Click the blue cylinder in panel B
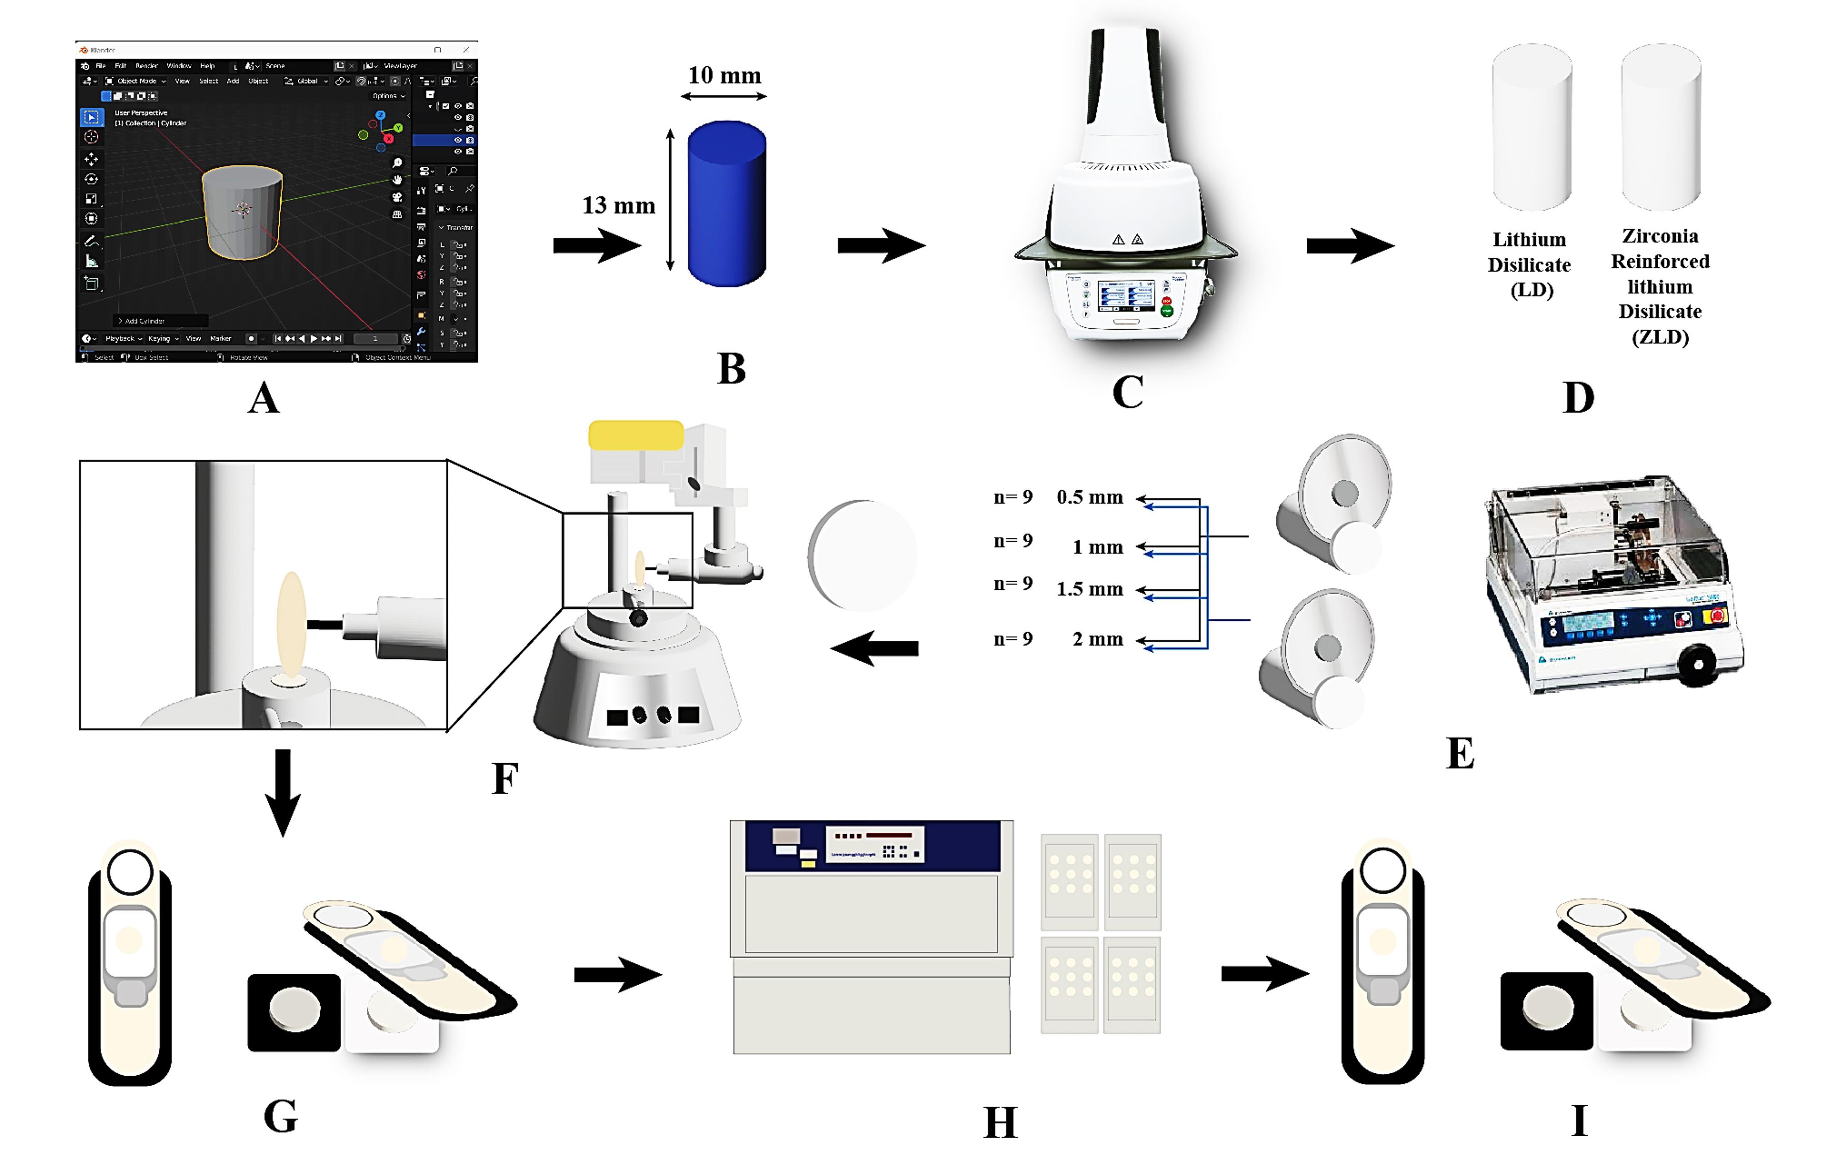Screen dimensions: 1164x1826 tap(727, 203)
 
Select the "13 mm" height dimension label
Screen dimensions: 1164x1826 tap(618, 206)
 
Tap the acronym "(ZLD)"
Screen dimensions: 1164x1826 tap(1660, 337)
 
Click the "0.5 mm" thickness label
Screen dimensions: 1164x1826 tap(1090, 498)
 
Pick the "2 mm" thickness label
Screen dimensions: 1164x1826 tap(1097, 640)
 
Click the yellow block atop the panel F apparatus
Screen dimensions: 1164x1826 tap(636, 435)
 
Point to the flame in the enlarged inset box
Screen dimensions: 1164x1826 tap(291, 624)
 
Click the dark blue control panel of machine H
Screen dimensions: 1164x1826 tap(872, 846)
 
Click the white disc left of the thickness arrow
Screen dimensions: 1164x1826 tap(862, 555)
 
